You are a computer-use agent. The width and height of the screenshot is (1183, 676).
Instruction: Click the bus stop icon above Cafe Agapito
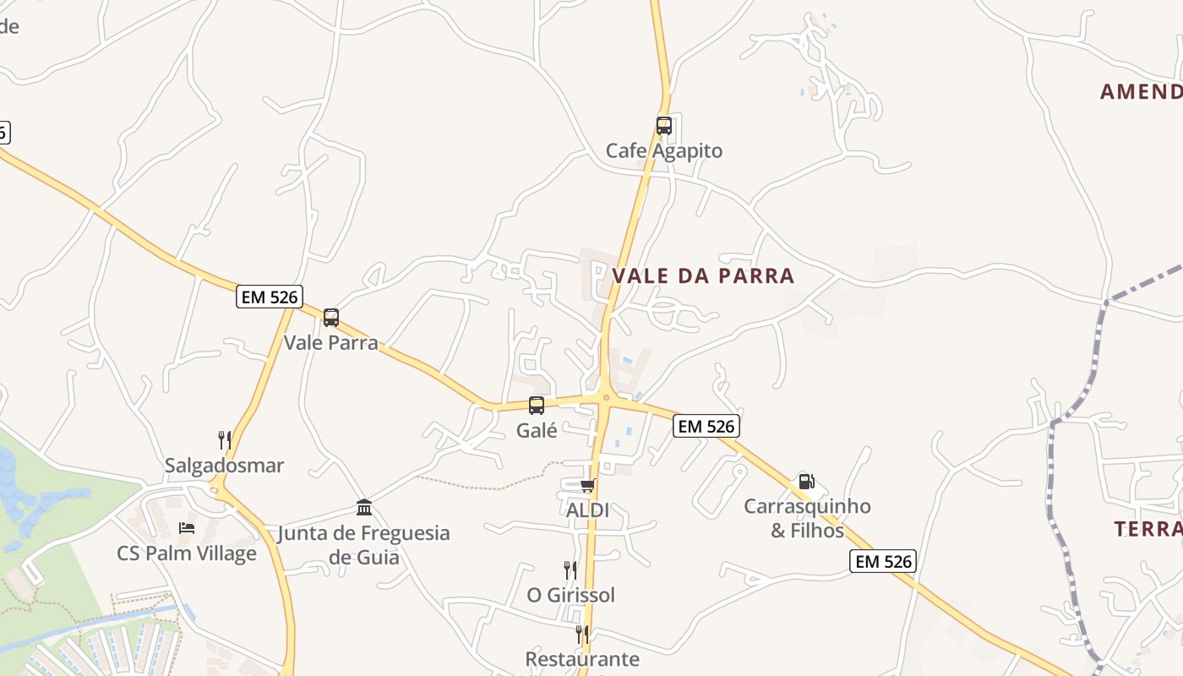664,126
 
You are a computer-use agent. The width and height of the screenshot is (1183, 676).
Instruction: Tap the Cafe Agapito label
664,151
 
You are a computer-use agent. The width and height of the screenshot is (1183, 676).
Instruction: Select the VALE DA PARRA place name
703,275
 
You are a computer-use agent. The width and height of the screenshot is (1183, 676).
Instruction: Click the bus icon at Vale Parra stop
331,318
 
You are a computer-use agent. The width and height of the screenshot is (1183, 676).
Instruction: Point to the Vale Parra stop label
331,343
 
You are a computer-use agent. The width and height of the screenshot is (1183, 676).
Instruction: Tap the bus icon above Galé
537,406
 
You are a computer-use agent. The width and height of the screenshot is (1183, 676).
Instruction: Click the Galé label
537,430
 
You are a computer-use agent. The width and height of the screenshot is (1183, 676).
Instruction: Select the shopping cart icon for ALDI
587,485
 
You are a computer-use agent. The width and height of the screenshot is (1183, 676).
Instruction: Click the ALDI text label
587,510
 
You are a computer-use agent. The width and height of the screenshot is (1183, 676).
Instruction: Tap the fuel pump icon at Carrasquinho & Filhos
807,482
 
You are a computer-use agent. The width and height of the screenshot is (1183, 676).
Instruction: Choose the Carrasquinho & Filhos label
807,518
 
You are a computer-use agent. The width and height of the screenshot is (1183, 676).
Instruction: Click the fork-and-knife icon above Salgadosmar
225,439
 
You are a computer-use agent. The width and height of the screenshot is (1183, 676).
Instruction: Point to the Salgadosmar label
225,466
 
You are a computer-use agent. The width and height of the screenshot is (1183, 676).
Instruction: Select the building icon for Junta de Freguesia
364,507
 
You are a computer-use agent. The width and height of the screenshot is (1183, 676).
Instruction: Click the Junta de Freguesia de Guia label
364,545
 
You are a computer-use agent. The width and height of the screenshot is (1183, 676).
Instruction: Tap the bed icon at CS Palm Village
187,528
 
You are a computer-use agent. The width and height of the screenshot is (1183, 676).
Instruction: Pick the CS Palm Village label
187,553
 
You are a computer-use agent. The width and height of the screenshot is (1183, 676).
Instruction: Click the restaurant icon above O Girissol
571,570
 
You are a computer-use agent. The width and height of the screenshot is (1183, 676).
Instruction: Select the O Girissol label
571,595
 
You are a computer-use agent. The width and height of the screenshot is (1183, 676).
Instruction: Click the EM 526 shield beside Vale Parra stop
270,297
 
